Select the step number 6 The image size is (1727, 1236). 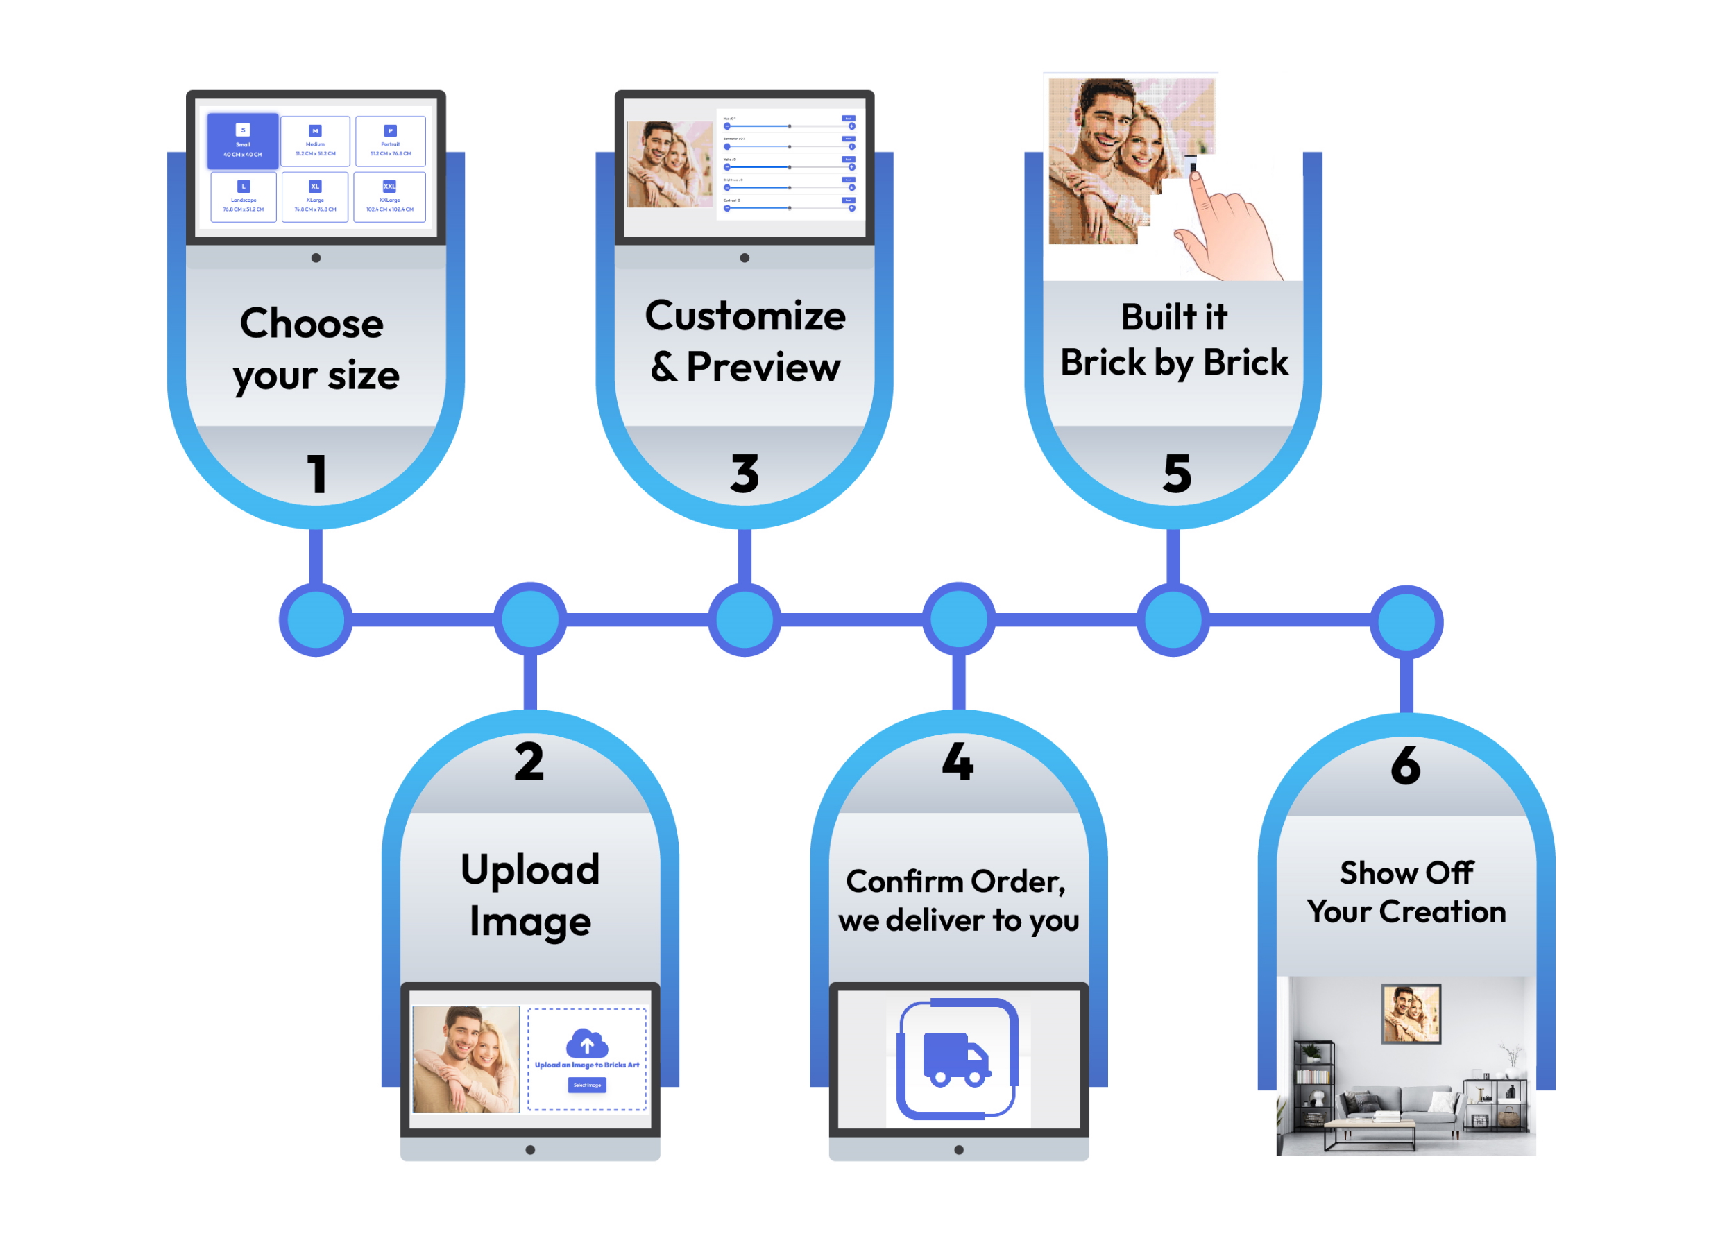pyautogui.click(x=1404, y=765)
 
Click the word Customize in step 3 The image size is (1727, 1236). pyautogui.click(x=745, y=316)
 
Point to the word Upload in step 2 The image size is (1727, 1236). pyautogui.click(x=529, y=870)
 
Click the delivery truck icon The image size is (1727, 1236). pyautogui.click(x=955, y=1058)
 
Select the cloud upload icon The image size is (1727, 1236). pyautogui.click(x=586, y=1042)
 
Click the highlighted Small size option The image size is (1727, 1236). pyautogui.click(x=242, y=141)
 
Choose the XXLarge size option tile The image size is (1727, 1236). pyautogui.click(x=389, y=196)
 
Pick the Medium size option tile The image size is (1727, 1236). pyautogui.click(x=315, y=141)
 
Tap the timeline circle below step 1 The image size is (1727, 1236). pyautogui.click(x=315, y=619)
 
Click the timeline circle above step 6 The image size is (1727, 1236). pyautogui.click(x=1406, y=621)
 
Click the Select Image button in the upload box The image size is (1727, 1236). pyautogui.click(x=586, y=1085)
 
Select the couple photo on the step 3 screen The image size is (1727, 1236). pyautogui.click(x=668, y=164)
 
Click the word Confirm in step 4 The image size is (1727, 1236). pyautogui.click(x=903, y=882)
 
